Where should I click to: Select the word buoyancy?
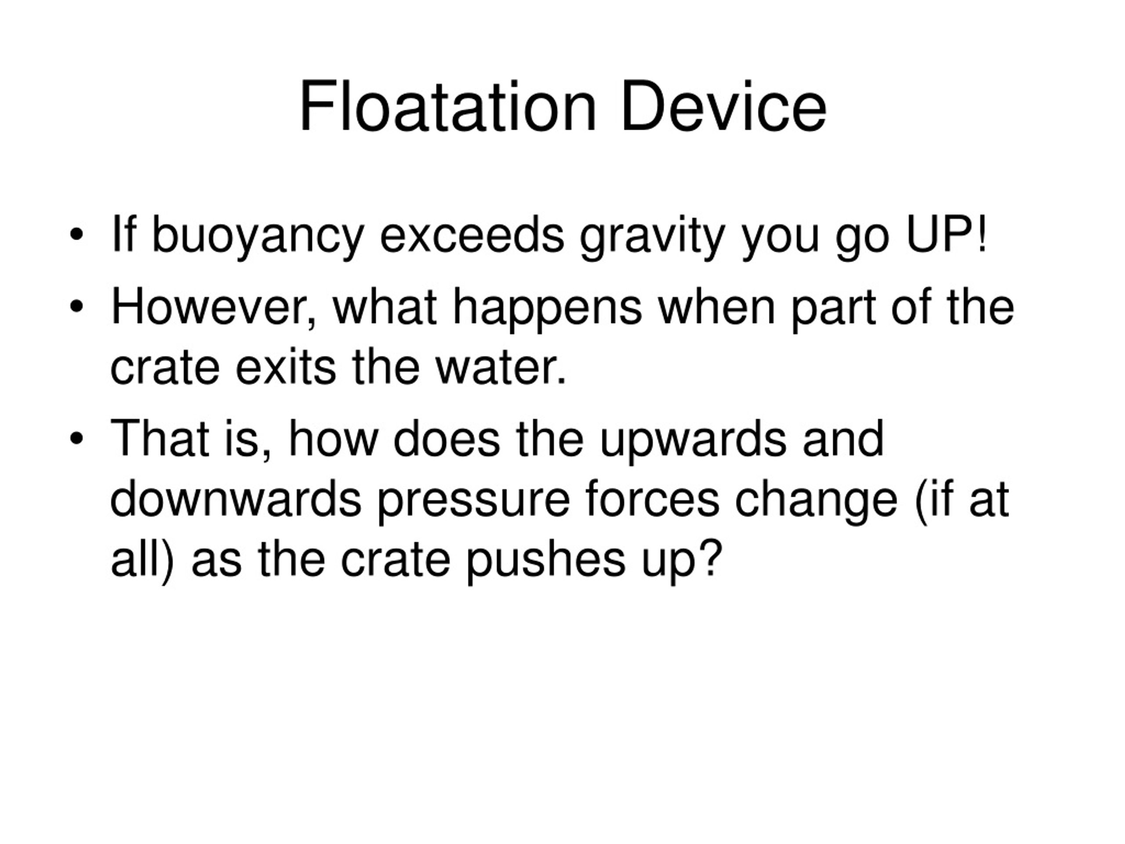(x=258, y=235)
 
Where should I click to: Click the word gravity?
(x=652, y=235)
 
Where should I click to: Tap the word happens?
(x=547, y=308)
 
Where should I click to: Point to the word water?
(x=501, y=367)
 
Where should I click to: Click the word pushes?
(x=546, y=560)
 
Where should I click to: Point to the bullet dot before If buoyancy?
(x=76, y=235)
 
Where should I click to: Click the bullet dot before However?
(x=76, y=307)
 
